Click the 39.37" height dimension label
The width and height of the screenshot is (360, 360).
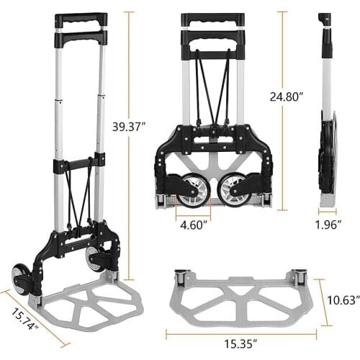[130, 126]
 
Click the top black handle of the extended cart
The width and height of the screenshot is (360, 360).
[80, 17]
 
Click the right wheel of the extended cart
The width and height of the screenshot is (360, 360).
[94, 259]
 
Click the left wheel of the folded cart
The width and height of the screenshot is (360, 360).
[192, 189]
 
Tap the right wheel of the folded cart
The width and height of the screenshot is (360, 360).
[235, 189]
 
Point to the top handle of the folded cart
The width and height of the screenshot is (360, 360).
[213, 18]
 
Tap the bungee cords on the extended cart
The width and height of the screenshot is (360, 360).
[78, 194]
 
